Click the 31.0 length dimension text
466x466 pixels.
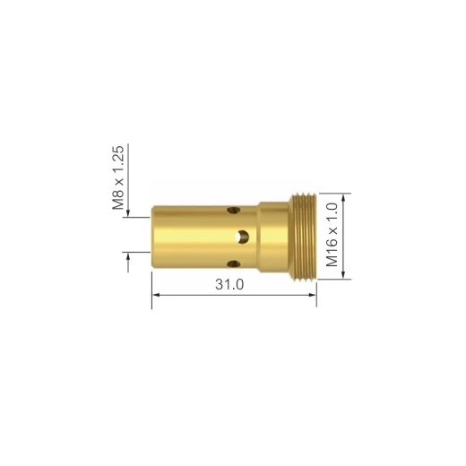(229, 284)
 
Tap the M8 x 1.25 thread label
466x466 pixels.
(118, 177)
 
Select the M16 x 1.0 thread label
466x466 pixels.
(332, 235)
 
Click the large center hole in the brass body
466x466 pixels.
(242, 237)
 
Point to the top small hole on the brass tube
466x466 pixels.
(233, 210)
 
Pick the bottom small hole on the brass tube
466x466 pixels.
(233, 263)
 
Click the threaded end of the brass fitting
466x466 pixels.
(304, 237)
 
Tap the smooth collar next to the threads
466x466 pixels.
(273, 237)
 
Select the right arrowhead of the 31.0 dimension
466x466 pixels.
(313, 295)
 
